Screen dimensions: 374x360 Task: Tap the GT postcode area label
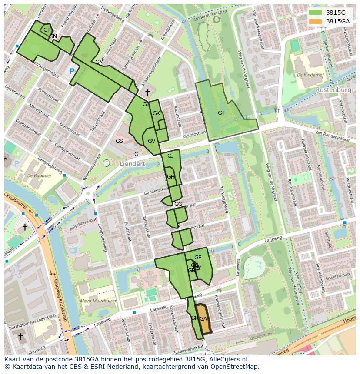(221, 113)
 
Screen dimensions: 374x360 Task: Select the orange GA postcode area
(203, 318)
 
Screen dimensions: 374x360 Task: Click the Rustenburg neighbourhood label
(333, 90)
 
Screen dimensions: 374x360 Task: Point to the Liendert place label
(132, 164)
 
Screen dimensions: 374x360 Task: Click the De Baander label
(39, 175)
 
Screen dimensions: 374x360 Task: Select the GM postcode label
(99, 62)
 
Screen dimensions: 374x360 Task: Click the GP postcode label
(47, 30)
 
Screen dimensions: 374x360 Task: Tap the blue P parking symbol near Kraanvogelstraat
(72, 71)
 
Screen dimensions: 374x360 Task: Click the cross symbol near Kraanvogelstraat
(147, 92)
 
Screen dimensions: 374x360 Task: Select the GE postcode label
(198, 258)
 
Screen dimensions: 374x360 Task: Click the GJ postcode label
(170, 156)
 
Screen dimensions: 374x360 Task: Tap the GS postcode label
(119, 141)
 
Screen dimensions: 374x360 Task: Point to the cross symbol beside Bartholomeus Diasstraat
(20, 336)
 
